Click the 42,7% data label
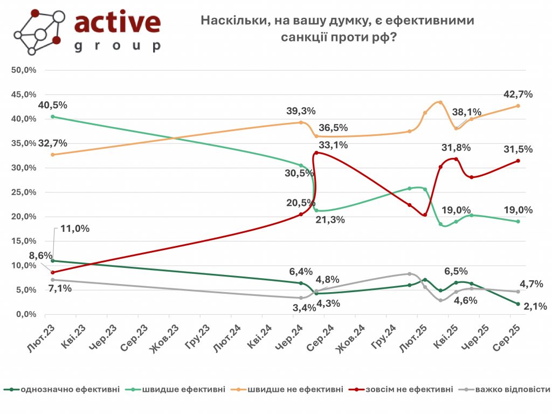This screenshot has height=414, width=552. click(x=518, y=94)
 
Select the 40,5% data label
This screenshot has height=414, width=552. click(x=52, y=105)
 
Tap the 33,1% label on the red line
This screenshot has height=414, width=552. click(x=333, y=145)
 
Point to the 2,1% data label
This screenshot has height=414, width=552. click(x=535, y=306)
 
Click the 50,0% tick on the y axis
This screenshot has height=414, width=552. click(x=24, y=70)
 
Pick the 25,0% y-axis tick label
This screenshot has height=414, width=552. click(x=24, y=192)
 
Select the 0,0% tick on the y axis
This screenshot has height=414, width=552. click(x=25, y=314)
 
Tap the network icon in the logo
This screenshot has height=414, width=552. click(x=36, y=31)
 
